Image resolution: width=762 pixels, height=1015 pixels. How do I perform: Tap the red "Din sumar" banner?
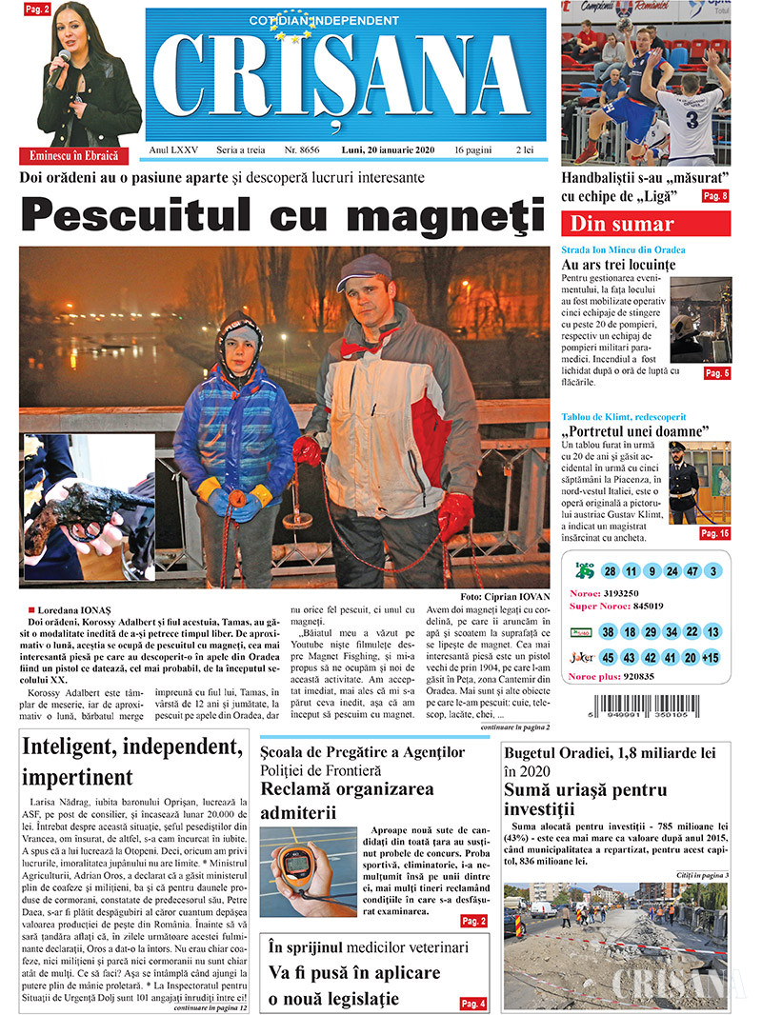click(x=645, y=224)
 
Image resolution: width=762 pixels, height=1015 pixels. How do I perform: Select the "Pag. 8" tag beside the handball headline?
click(x=714, y=196)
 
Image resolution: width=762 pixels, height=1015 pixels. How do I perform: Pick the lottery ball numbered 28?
click(x=610, y=571)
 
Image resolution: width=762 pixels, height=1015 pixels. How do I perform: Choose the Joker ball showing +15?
click(x=712, y=658)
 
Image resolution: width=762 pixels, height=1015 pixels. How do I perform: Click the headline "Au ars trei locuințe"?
click(x=618, y=265)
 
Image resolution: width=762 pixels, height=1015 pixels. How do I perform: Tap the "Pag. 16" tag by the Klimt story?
click(x=714, y=533)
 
